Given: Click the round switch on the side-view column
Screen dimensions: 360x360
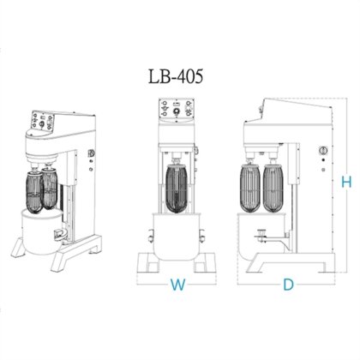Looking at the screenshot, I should pos(321,151).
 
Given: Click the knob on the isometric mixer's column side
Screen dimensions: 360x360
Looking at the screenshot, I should pos(89,155).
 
